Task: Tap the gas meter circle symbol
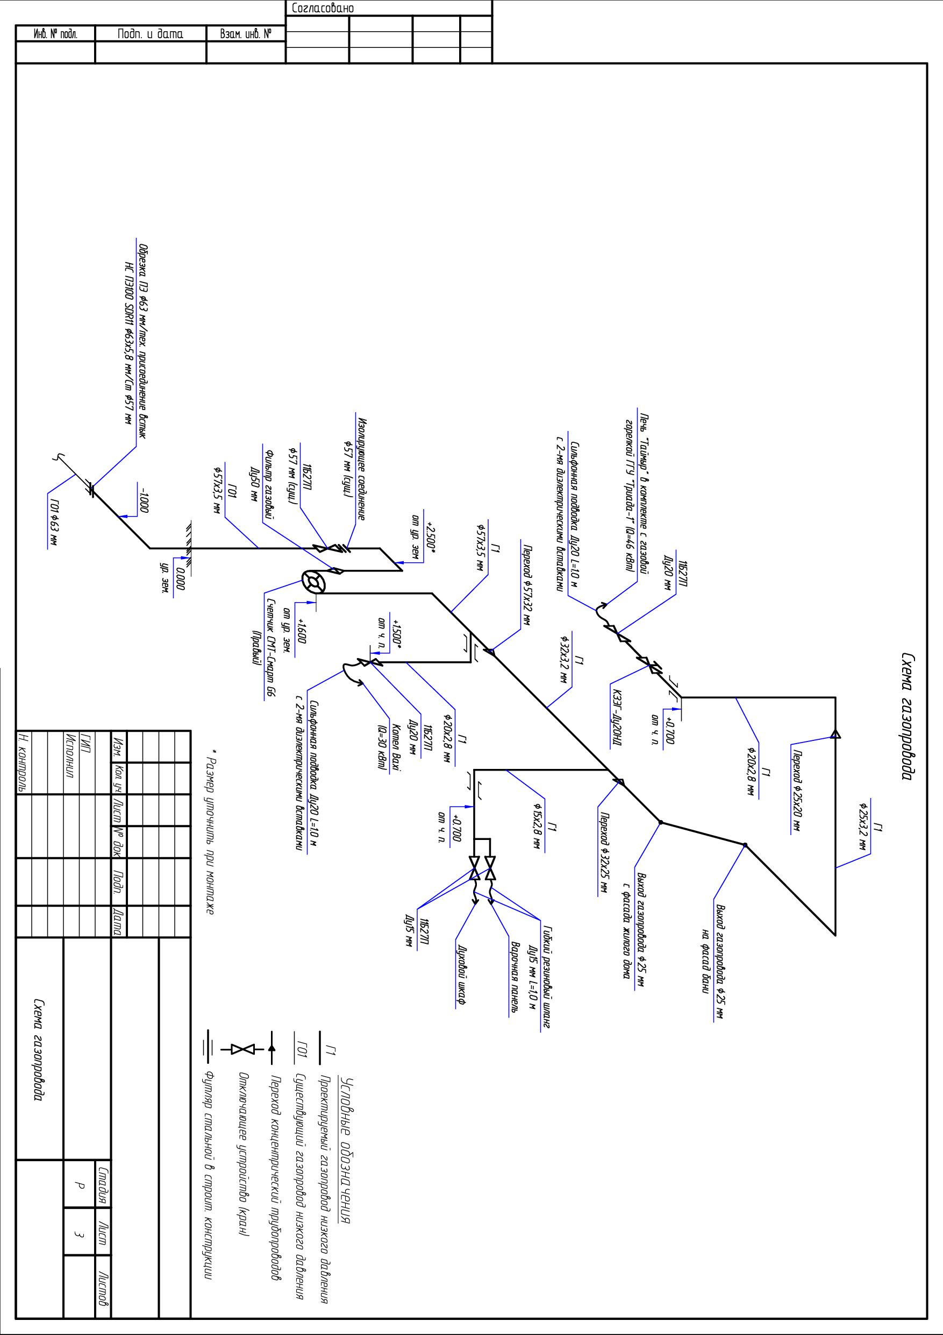coord(315,582)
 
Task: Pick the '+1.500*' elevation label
coord(397,634)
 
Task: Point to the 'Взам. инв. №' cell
coord(246,34)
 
